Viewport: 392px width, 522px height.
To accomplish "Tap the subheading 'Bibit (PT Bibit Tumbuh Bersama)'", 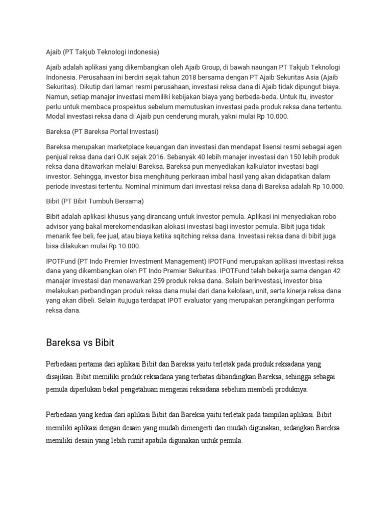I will point(95,201).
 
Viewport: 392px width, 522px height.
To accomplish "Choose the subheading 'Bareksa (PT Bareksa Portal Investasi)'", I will point(102,132).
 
